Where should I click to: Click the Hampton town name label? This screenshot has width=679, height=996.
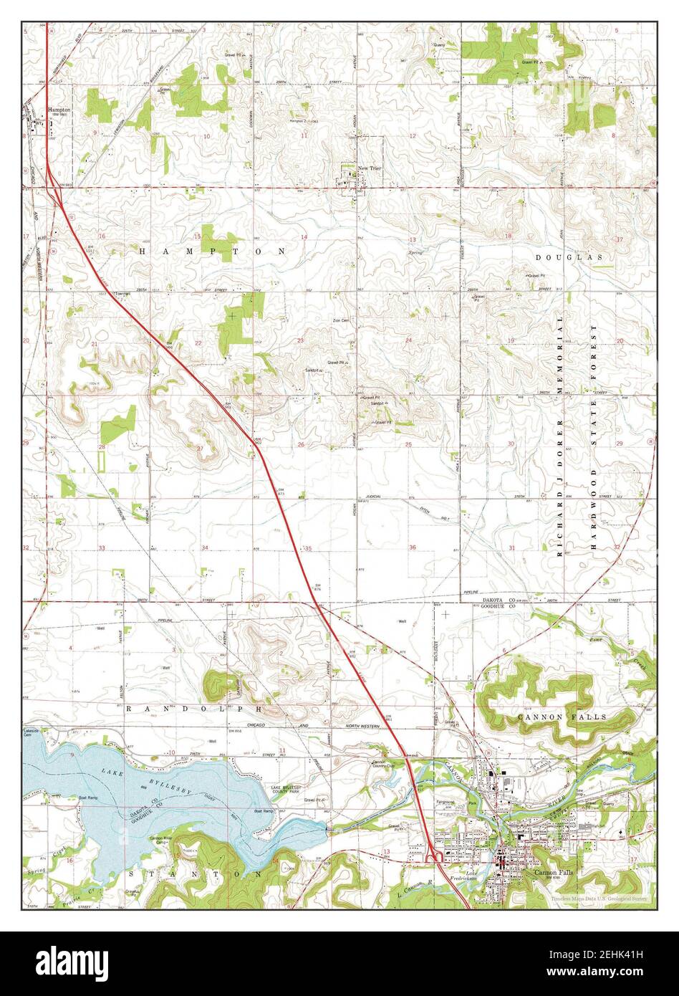click(58, 110)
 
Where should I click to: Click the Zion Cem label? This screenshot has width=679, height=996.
click(341, 321)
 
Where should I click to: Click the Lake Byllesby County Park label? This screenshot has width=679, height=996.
click(286, 790)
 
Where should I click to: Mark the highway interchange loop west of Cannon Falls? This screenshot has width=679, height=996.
click(433, 856)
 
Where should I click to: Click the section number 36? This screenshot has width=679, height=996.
click(413, 547)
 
